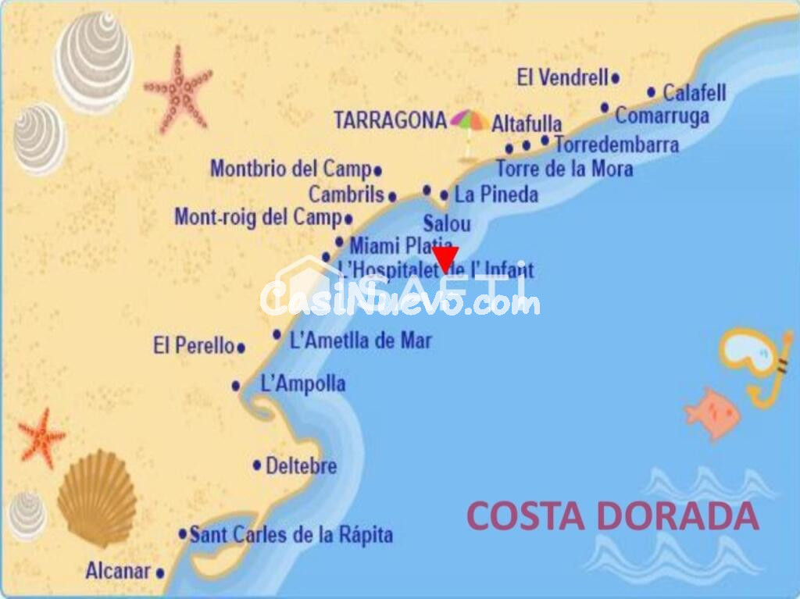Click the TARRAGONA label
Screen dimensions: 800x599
(x=390, y=120)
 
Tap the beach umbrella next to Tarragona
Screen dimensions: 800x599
(x=469, y=125)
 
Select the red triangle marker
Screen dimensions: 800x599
(x=445, y=258)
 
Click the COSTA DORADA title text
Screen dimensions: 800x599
(x=612, y=516)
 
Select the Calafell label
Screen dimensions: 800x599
(x=695, y=93)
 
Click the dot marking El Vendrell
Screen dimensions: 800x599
(x=616, y=78)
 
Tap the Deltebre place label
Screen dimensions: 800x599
(x=301, y=466)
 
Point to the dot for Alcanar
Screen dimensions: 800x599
(x=160, y=573)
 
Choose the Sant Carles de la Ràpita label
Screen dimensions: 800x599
(x=291, y=535)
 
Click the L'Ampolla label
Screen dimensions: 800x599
(x=302, y=383)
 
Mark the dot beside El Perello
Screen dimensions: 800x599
(x=241, y=348)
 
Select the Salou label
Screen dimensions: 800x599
(x=447, y=224)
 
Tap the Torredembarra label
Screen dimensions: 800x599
(x=616, y=144)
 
